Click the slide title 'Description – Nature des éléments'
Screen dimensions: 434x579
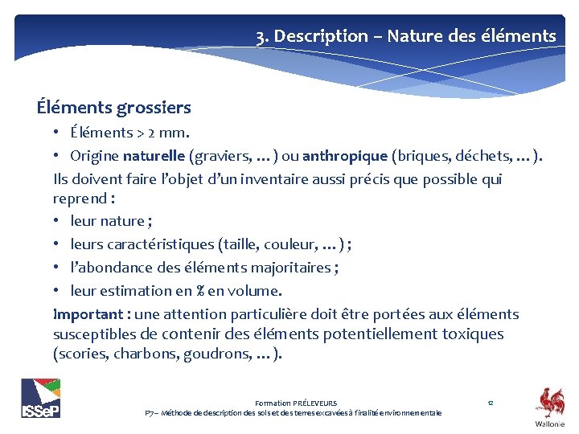[415, 36]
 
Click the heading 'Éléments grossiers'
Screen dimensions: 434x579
[113, 107]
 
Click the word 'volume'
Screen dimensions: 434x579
[252, 290]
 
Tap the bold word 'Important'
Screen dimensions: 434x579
[85, 314]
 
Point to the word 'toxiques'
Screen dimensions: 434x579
[474, 334]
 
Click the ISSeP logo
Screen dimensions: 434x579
[41, 398]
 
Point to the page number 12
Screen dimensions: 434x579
[490, 403]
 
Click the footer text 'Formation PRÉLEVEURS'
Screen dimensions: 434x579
[296, 403]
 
